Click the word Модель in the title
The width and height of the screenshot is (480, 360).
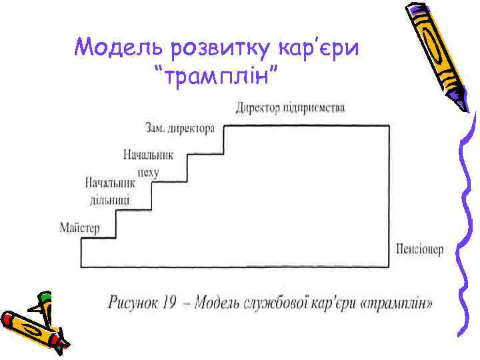[120, 48]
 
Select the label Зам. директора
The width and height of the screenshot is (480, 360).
[179, 127]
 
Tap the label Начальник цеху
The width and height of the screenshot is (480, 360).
[148, 163]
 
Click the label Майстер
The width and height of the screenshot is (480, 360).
[80, 229]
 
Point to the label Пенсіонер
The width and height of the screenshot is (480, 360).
[419, 249]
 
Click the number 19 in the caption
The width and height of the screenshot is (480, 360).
[167, 304]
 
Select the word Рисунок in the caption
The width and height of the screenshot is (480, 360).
[133, 304]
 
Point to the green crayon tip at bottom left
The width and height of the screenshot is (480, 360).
[45, 297]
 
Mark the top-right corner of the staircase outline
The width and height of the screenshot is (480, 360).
[389, 125]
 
